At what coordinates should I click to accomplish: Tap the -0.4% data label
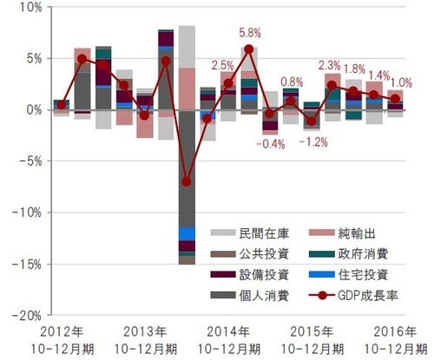click(271, 143)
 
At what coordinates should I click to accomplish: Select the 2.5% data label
click(222, 65)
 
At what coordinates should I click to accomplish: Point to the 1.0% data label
click(404, 83)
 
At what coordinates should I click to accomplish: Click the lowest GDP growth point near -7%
click(186, 182)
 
